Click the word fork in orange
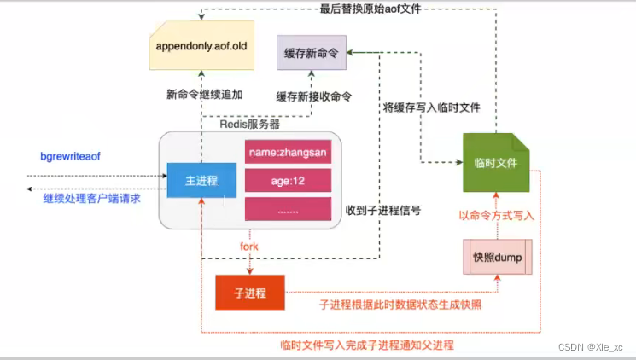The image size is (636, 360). [248, 247]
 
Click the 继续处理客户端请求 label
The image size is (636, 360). [91, 198]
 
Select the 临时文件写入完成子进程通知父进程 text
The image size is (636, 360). [367, 345]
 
